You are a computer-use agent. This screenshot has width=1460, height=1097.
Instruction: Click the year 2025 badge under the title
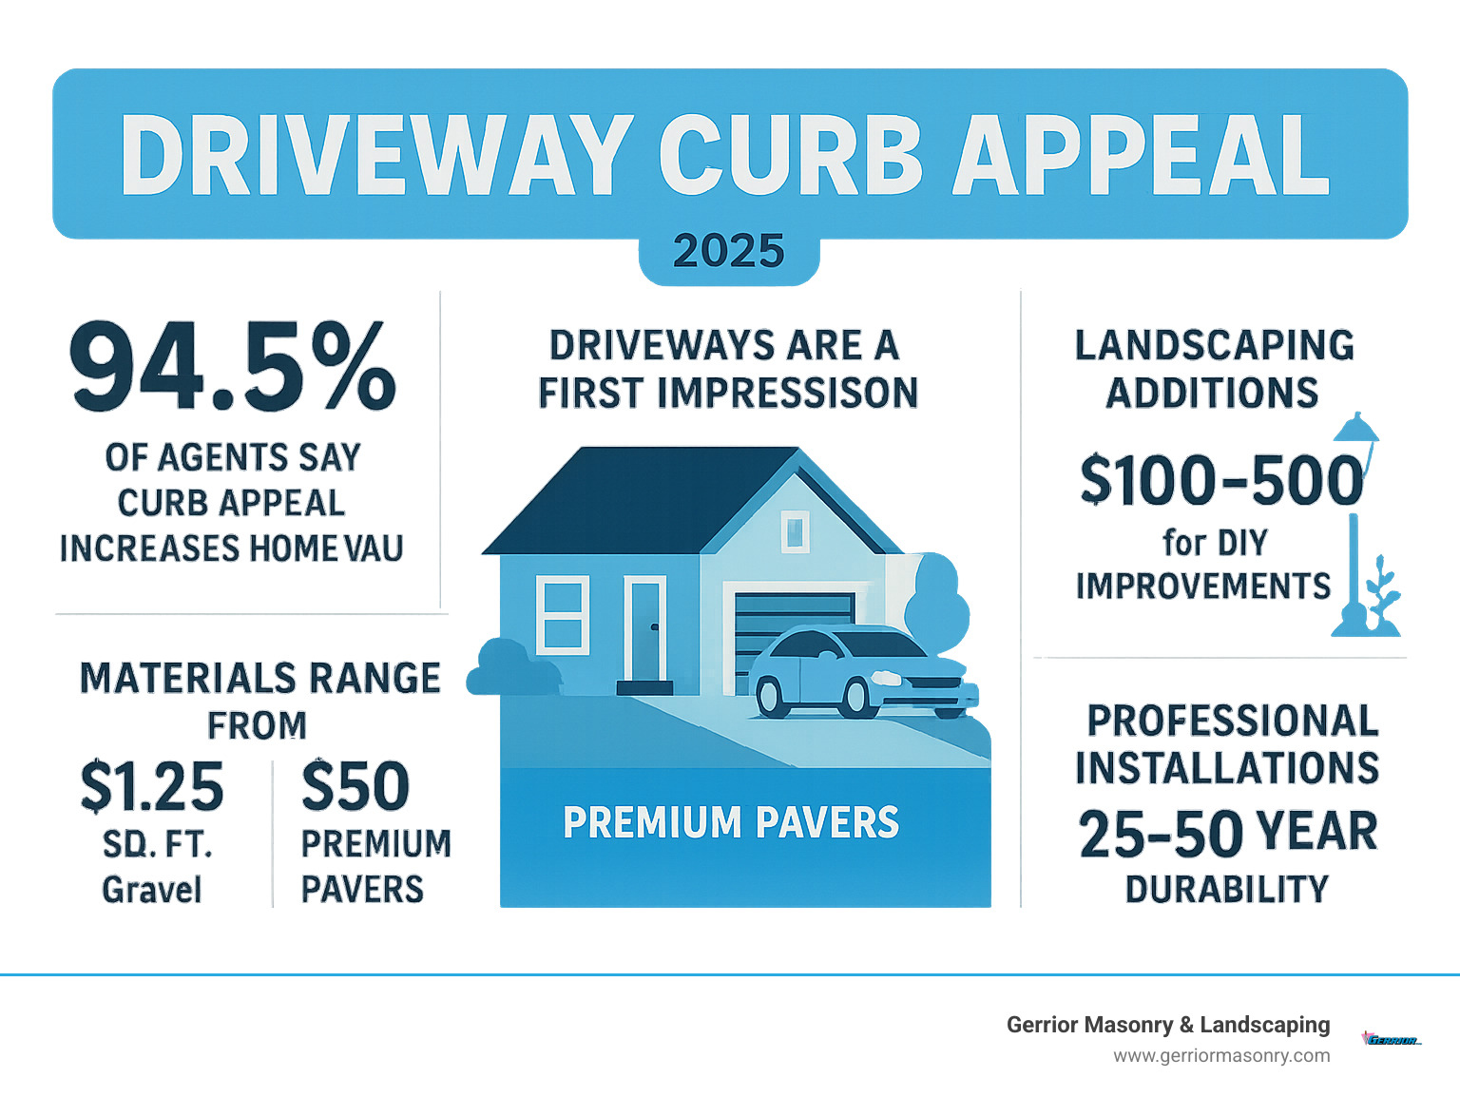[x=728, y=252]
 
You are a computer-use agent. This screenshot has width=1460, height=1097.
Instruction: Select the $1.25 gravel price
[x=152, y=787]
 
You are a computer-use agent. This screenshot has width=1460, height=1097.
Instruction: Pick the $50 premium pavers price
[x=355, y=787]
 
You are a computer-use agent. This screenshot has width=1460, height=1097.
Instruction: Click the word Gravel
[x=152, y=890]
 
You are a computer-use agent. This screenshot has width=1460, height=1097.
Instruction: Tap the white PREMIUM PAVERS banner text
[x=730, y=823]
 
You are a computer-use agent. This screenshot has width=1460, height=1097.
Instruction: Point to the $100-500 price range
[x=1221, y=480]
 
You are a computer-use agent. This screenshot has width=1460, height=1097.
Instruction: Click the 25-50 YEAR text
[x=1227, y=833]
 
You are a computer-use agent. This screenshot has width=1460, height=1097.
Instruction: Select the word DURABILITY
[x=1227, y=890]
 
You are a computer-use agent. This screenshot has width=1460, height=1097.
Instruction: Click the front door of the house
[x=646, y=630]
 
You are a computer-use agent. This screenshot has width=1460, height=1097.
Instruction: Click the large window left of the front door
[x=562, y=614]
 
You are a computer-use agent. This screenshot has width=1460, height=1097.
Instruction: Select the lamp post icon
[x=1354, y=532]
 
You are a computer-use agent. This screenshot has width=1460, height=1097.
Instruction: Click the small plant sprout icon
[x=1383, y=599]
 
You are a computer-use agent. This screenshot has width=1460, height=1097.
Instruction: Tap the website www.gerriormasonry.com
[x=1221, y=1056]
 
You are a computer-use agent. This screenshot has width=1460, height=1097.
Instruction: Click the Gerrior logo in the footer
[x=1392, y=1040]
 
